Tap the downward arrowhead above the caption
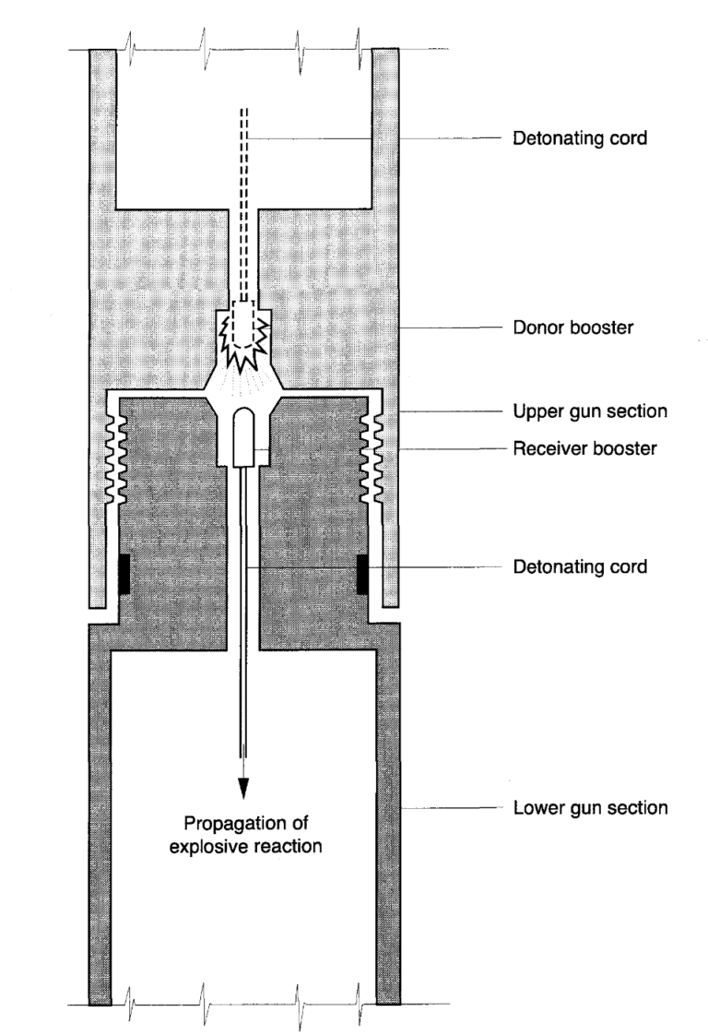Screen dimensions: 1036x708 (x=243, y=786)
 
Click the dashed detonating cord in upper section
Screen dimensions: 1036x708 (x=243, y=203)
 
